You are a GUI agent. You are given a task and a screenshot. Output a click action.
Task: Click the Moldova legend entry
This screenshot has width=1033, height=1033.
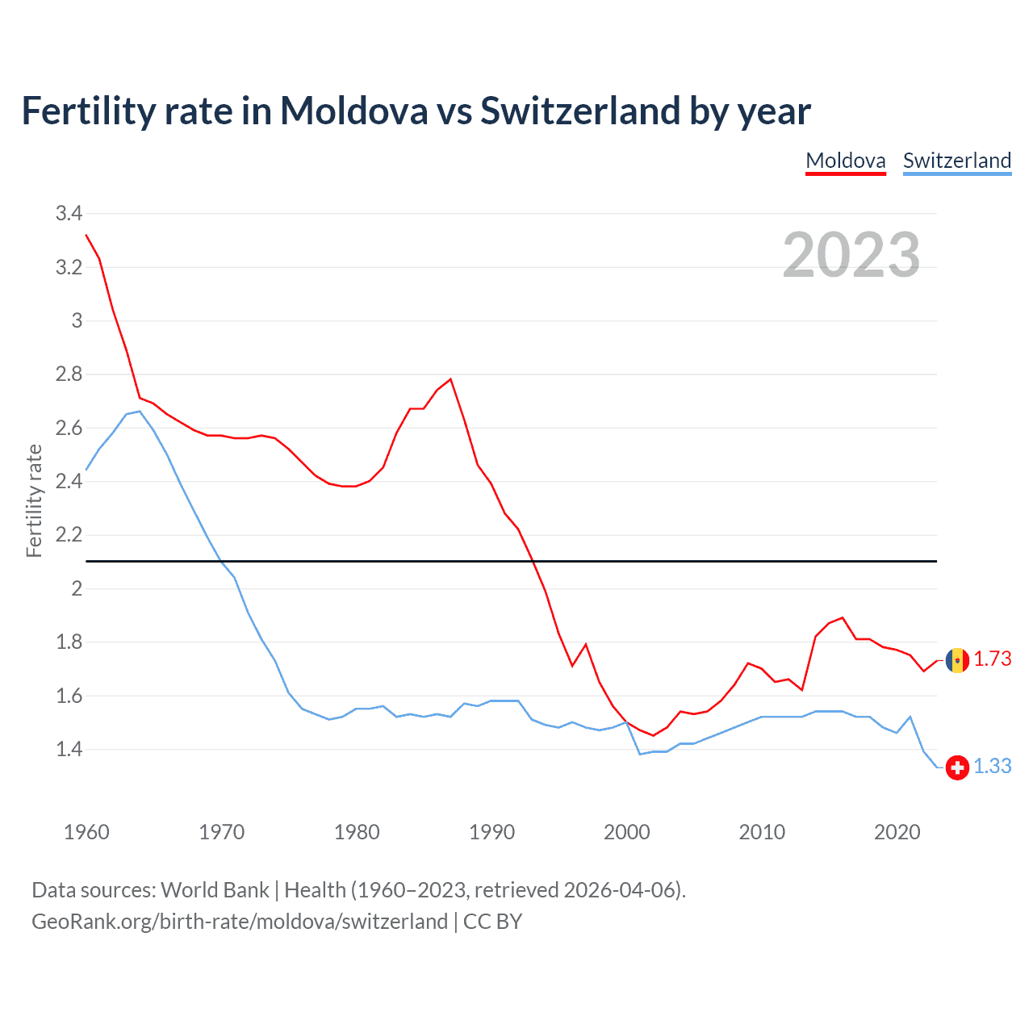point(846,161)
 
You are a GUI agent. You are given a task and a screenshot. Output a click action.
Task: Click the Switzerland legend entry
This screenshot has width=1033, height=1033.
point(956,161)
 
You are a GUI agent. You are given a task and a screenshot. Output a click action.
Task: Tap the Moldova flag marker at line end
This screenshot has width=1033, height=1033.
point(957,660)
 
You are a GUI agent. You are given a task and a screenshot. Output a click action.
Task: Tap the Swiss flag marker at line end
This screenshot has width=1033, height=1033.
point(957,767)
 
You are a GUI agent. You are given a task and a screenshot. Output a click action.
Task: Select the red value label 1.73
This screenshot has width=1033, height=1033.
point(992,659)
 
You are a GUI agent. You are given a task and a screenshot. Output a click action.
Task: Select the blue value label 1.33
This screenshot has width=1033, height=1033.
point(992,767)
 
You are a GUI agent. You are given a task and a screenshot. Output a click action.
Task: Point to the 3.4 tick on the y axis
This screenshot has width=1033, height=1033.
point(69,214)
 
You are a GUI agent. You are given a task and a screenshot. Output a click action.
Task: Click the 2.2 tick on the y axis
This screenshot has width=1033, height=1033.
point(69,535)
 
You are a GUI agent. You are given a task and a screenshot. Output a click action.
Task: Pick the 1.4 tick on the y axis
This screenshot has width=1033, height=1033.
point(69,750)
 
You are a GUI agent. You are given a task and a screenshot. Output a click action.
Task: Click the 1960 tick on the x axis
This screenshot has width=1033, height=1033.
point(86,832)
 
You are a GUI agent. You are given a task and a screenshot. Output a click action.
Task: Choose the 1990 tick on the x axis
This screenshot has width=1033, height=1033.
point(491,832)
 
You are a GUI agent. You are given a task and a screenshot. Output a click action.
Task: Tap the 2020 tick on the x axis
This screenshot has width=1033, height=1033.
point(897,832)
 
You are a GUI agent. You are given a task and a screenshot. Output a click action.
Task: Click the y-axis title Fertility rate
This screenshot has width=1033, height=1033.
point(34,500)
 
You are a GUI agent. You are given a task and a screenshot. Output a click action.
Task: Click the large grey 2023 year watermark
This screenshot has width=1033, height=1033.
point(851,255)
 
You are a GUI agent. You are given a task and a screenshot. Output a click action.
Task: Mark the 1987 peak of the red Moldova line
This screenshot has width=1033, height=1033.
point(450,378)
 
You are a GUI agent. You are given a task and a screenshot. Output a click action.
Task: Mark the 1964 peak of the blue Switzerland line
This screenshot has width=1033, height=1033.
point(140,412)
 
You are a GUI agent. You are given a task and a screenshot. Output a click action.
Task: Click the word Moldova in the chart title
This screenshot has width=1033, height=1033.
point(354,111)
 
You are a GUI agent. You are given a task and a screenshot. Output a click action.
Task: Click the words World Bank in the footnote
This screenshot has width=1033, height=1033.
point(215,890)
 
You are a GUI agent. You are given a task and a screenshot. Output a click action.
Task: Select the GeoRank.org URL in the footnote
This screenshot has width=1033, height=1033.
point(240,922)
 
